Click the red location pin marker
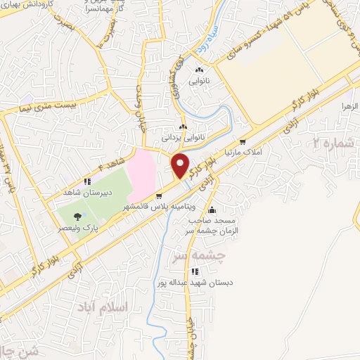coord(181,165)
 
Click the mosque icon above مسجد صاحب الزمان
coord(212,210)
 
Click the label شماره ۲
coord(333,143)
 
